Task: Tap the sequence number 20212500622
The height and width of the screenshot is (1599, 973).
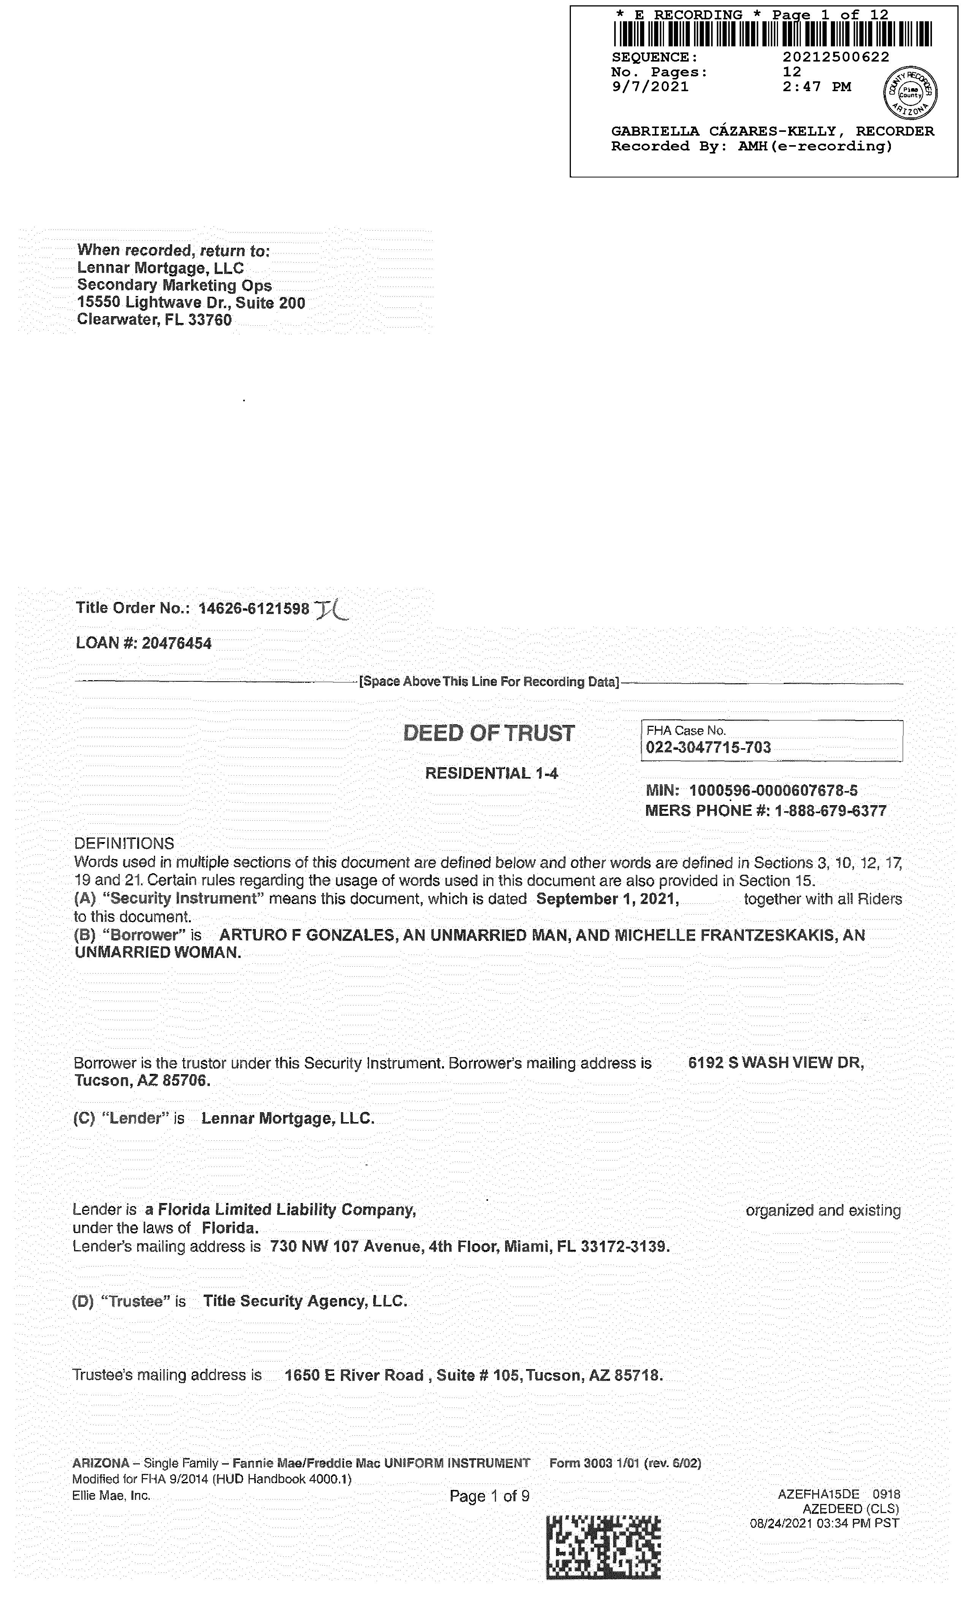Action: [x=835, y=57]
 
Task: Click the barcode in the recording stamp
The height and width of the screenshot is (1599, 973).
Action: [x=772, y=35]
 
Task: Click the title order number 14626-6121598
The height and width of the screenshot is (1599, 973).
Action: [x=254, y=609]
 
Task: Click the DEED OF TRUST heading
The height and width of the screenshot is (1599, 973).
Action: [x=489, y=733]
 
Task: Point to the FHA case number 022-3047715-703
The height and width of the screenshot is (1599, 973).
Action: [x=708, y=747]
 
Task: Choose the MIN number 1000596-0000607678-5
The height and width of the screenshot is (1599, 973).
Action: [x=773, y=790]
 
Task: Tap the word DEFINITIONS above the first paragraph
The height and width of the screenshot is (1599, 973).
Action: [x=124, y=844]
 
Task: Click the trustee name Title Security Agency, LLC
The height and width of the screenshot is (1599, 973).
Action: [x=305, y=1301]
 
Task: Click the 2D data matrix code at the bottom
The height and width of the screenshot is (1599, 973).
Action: [x=603, y=1548]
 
